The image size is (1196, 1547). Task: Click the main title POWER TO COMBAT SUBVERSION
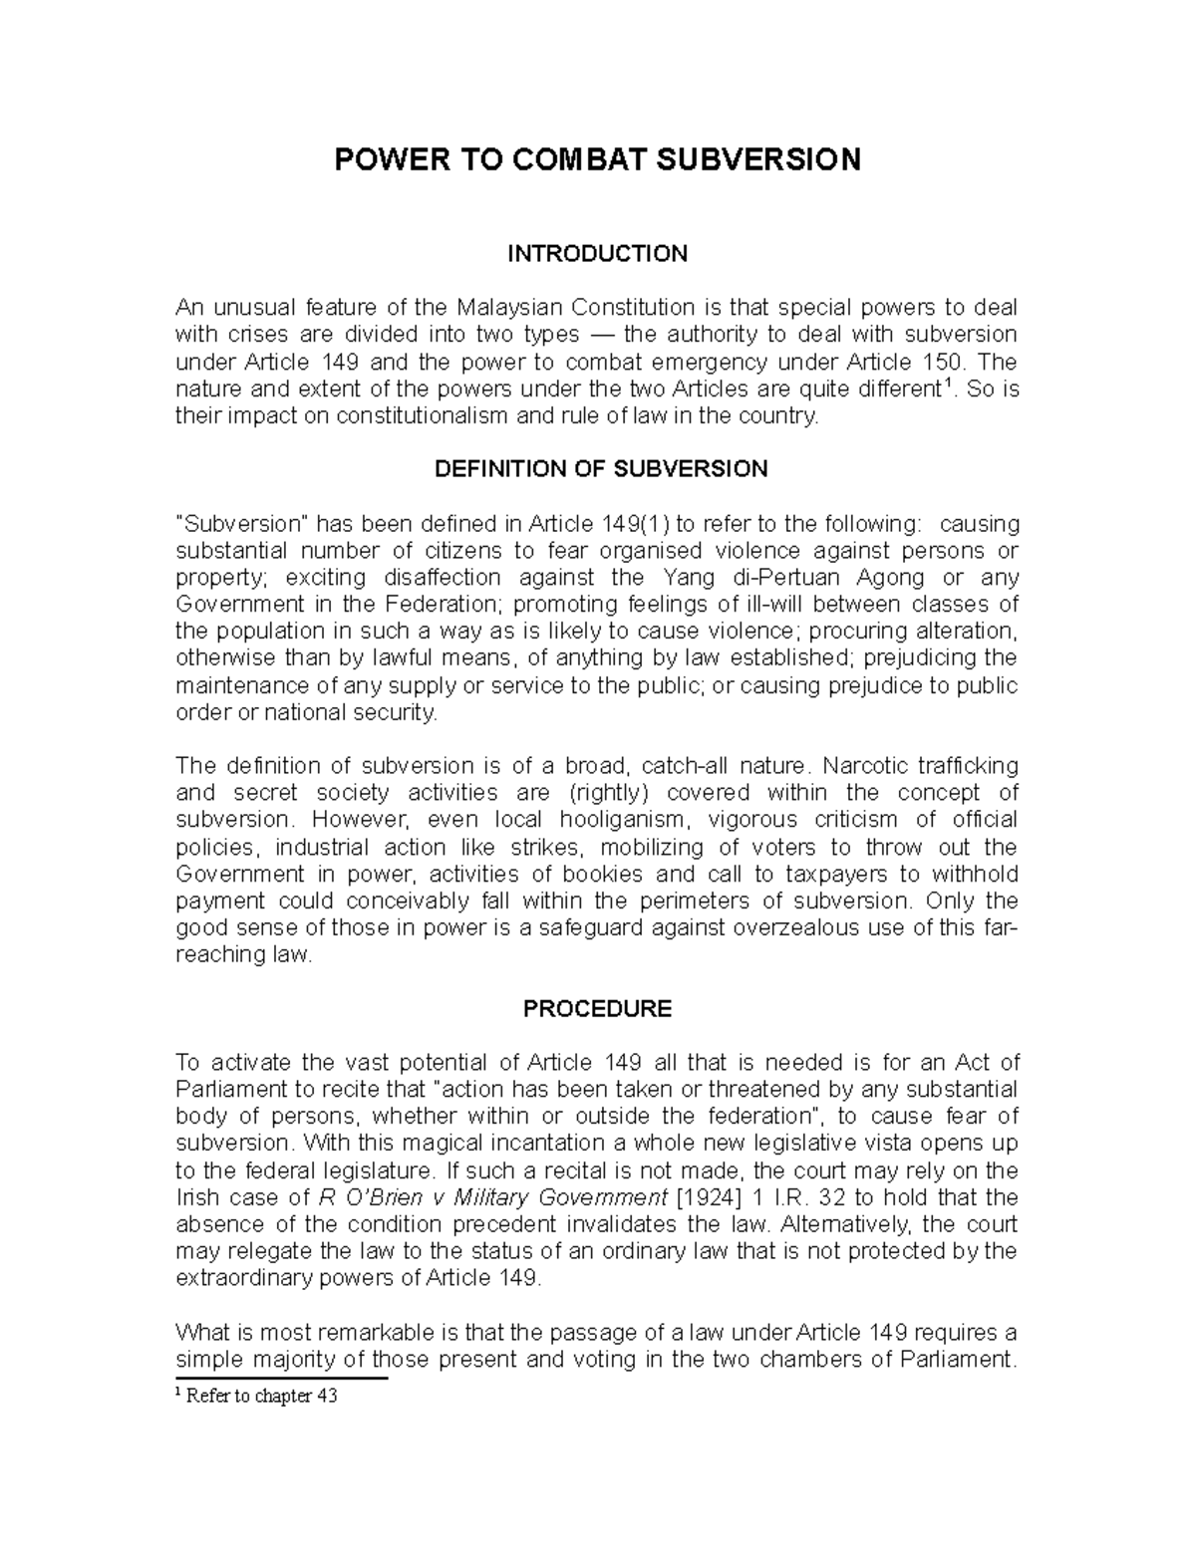[x=597, y=159]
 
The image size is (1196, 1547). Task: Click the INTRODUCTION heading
[x=597, y=253]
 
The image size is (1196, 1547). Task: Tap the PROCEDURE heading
[x=597, y=1009]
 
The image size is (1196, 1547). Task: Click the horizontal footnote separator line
[x=280, y=1379]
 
